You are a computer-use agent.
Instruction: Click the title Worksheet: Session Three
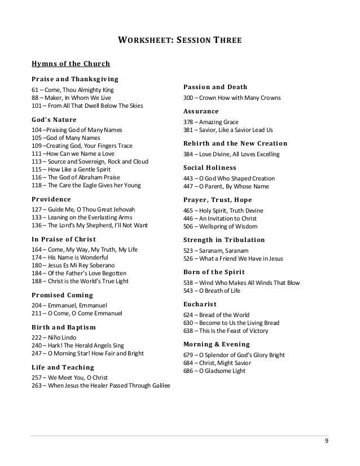click(x=179, y=41)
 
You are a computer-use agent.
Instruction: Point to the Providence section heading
click(x=51, y=199)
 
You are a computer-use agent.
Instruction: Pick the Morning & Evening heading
click(x=217, y=344)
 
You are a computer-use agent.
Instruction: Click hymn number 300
click(x=190, y=98)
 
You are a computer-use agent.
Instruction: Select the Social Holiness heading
click(x=210, y=168)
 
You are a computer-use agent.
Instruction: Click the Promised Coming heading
click(x=62, y=294)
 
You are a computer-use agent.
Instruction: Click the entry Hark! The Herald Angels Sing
click(x=82, y=345)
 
